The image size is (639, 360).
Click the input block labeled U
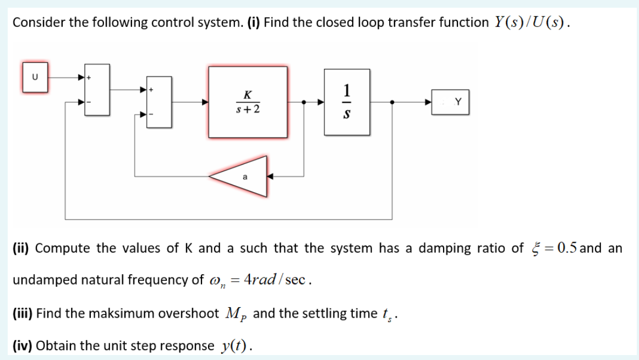(35, 77)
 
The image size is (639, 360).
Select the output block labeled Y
(450, 102)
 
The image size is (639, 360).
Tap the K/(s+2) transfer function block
(248, 102)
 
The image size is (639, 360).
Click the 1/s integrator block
(347, 102)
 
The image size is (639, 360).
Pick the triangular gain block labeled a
(245, 177)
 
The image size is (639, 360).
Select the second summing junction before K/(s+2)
(159, 102)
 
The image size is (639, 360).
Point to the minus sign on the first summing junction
(90, 102)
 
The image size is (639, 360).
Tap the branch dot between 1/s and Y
(391, 102)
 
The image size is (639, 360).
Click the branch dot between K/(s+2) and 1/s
(304, 102)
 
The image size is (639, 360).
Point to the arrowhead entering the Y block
(428, 102)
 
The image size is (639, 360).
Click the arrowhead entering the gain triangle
(270, 177)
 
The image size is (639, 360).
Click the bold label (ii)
(21, 248)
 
